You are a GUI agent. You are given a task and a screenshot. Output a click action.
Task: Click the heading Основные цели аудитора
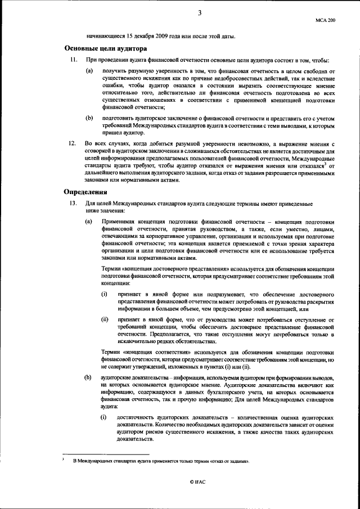click(x=106, y=49)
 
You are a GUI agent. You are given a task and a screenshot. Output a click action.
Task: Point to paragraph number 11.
click(x=72, y=60)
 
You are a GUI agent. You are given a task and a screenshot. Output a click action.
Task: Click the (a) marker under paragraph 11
click(x=89, y=71)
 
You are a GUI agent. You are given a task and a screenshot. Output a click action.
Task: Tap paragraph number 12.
click(x=72, y=144)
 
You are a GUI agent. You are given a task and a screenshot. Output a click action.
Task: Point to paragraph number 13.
click(x=72, y=202)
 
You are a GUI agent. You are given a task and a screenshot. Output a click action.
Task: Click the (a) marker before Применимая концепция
click(x=89, y=222)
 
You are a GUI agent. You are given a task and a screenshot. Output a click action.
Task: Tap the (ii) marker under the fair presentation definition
click(x=105, y=319)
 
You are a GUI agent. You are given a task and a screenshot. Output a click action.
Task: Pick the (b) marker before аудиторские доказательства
click(x=89, y=376)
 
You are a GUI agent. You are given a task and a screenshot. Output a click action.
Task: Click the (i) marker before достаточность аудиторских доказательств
click(x=104, y=418)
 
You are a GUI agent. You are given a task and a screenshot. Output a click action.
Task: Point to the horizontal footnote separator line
click(x=106, y=453)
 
